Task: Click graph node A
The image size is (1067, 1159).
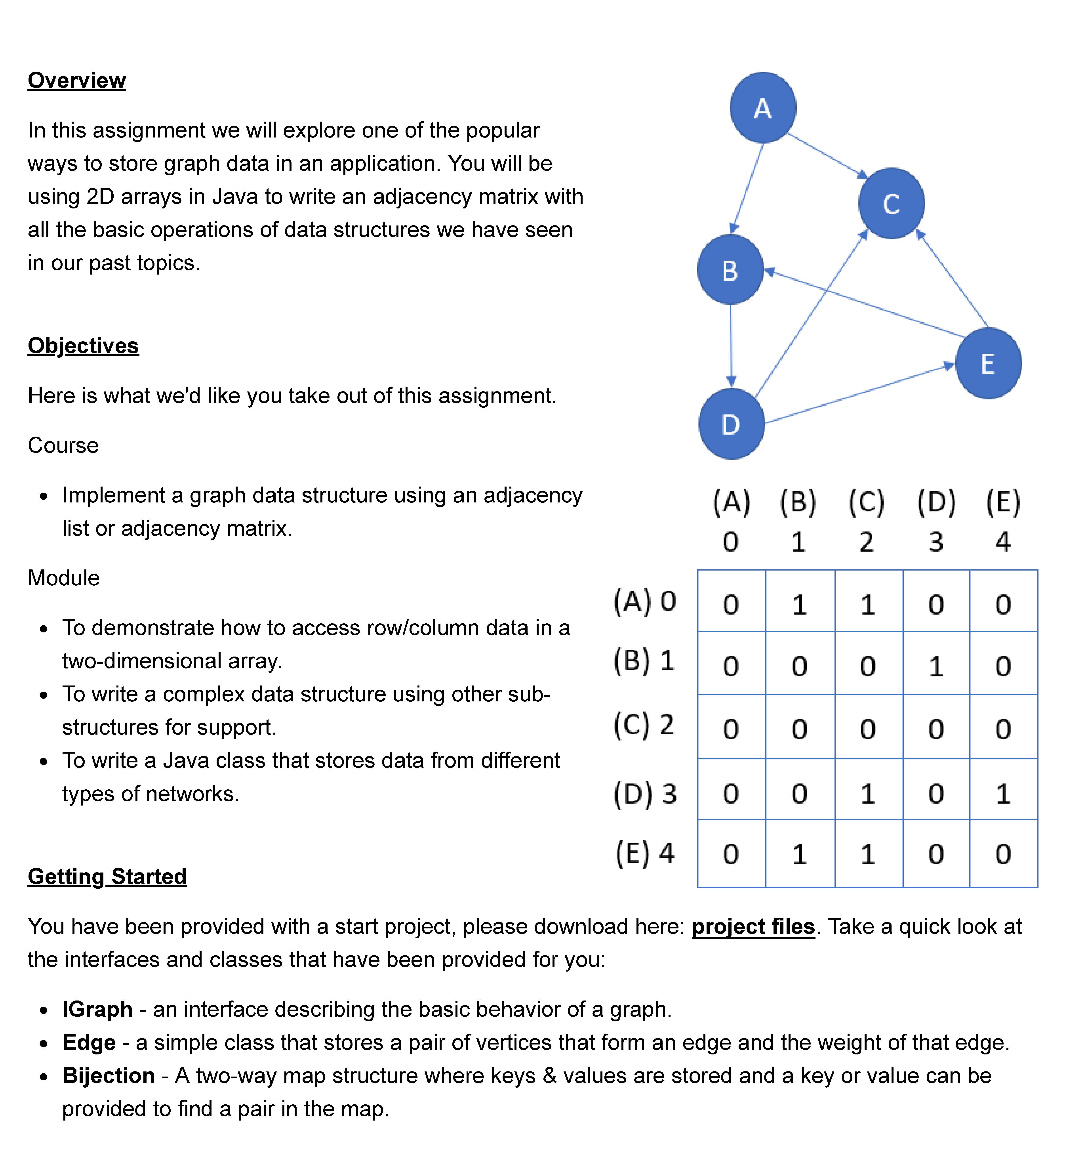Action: coord(763,108)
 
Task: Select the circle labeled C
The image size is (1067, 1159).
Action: coord(891,203)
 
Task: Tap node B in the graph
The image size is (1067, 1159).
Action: coord(730,270)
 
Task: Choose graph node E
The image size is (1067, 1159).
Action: coord(988,363)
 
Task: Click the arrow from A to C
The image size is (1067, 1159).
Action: coord(827,155)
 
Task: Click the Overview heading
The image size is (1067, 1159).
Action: coord(77,80)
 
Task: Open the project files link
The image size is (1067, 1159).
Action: coord(753,926)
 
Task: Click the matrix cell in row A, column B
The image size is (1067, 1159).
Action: coord(799,604)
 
